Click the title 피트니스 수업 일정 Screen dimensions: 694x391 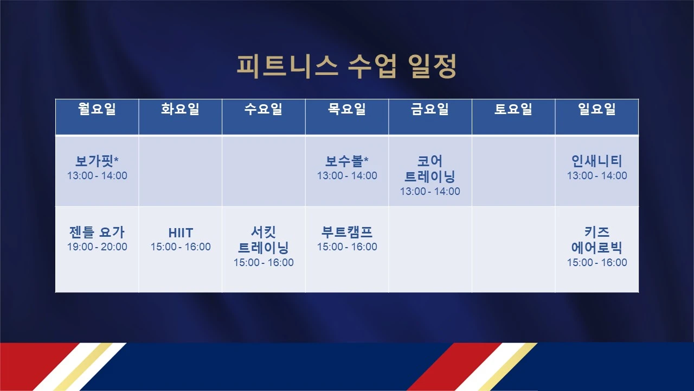coord(346,66)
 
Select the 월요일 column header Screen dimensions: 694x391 coord(97,109)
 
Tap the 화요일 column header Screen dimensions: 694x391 coord(181,109)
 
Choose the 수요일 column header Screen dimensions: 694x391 coord(264,109)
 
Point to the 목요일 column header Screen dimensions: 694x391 coord(347,109)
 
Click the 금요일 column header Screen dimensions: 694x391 coord(430,109)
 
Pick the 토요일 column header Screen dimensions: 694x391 coord(513,109)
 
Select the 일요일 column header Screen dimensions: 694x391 coord(597,109)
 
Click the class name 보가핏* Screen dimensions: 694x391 coord(97,161)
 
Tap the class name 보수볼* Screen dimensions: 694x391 coord(347,161)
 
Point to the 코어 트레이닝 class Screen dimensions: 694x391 coord(430,169)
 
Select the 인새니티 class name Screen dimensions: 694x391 coord(597,161)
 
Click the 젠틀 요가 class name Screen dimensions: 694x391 coord(97,232)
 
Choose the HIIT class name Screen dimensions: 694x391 coord(181,233)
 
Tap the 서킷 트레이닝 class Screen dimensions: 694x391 coord(264,240)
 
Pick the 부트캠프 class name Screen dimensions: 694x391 coord(347,232)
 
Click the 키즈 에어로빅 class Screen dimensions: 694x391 coord(597,240)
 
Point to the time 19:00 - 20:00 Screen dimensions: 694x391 coord(97,247)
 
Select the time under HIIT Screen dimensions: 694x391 coord(181,247)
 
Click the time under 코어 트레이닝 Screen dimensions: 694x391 coord(430,191)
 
